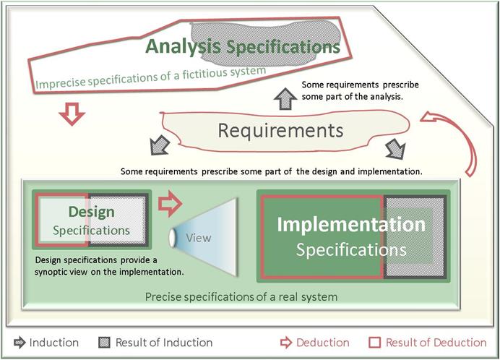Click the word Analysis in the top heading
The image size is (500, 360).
click(183, 46)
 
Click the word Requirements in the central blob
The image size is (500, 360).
click(280, 131)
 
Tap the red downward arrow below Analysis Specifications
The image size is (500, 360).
click(72, 113)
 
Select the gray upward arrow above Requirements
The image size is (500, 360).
click(285, 98)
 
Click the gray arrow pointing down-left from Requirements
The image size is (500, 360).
click(160, 145)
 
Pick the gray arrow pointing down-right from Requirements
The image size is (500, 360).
click(395, 149)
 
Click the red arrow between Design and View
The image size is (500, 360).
click(170, 204)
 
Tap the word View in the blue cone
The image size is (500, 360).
click(199, 238)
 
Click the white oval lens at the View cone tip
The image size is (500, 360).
click(172, 238)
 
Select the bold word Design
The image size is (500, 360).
click(92, 212)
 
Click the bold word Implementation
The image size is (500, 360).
click(351, 224)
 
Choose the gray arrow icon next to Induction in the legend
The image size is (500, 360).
click(20, 343)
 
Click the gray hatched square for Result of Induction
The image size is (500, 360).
click(104, 343)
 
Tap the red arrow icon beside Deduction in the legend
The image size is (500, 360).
click(286, 343)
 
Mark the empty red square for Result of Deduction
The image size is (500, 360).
click(375, 343)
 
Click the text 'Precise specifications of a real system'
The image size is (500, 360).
click(241, 297)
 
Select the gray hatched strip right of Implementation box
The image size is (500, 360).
click(415, 236)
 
